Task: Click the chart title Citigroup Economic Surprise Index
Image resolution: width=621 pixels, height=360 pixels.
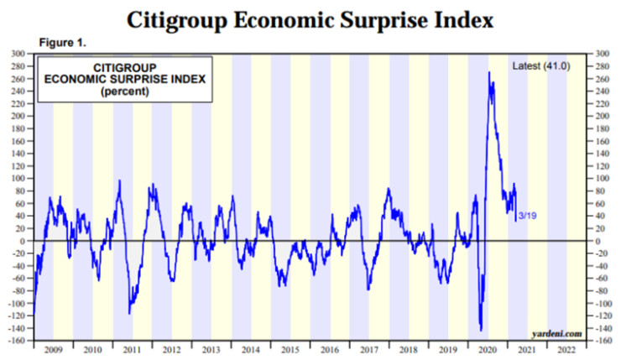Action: tap(310, 18)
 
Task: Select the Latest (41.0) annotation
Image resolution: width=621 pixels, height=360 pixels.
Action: tap(540, 65)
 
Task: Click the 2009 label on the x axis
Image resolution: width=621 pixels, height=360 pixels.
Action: tap(52, 348)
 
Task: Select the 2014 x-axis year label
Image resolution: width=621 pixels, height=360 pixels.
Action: tap(250, 348)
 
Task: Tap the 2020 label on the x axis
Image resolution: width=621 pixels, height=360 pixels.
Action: tap(488, 348)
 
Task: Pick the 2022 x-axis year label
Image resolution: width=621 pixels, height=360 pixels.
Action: tap(567, 348)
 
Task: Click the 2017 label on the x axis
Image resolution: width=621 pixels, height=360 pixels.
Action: tap(369, 348)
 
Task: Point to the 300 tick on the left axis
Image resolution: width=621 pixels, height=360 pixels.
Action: tap(16, 54)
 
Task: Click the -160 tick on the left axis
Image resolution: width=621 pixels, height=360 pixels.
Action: tap(14, 341)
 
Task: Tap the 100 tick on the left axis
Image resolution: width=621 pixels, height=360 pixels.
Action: tap(16, 179)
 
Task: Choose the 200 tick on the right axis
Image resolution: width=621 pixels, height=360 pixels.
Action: tap(605, 116)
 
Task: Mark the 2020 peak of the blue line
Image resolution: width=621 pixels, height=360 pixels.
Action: tap(488, 72)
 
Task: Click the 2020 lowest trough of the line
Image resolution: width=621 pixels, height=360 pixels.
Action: tap(480, 331)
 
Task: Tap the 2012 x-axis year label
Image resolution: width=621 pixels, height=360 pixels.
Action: tap(171, 348)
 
